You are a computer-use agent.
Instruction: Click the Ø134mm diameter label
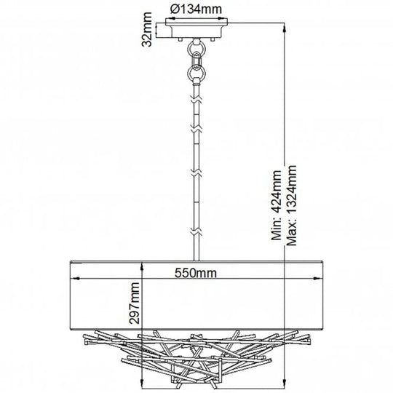tap(196, 9)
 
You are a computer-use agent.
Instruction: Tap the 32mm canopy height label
tap(146, 29)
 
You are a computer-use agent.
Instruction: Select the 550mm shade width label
tap(196, 273)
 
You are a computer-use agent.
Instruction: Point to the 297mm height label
tap(134, 303)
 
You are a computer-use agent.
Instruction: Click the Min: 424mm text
tap(277, 205)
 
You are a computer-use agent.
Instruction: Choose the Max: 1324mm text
tap(292, 205)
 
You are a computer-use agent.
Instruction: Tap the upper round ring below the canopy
tap(196, 47)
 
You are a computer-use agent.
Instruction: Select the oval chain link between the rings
tap(196, 60)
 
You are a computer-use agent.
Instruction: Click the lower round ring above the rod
tap(196, 73)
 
